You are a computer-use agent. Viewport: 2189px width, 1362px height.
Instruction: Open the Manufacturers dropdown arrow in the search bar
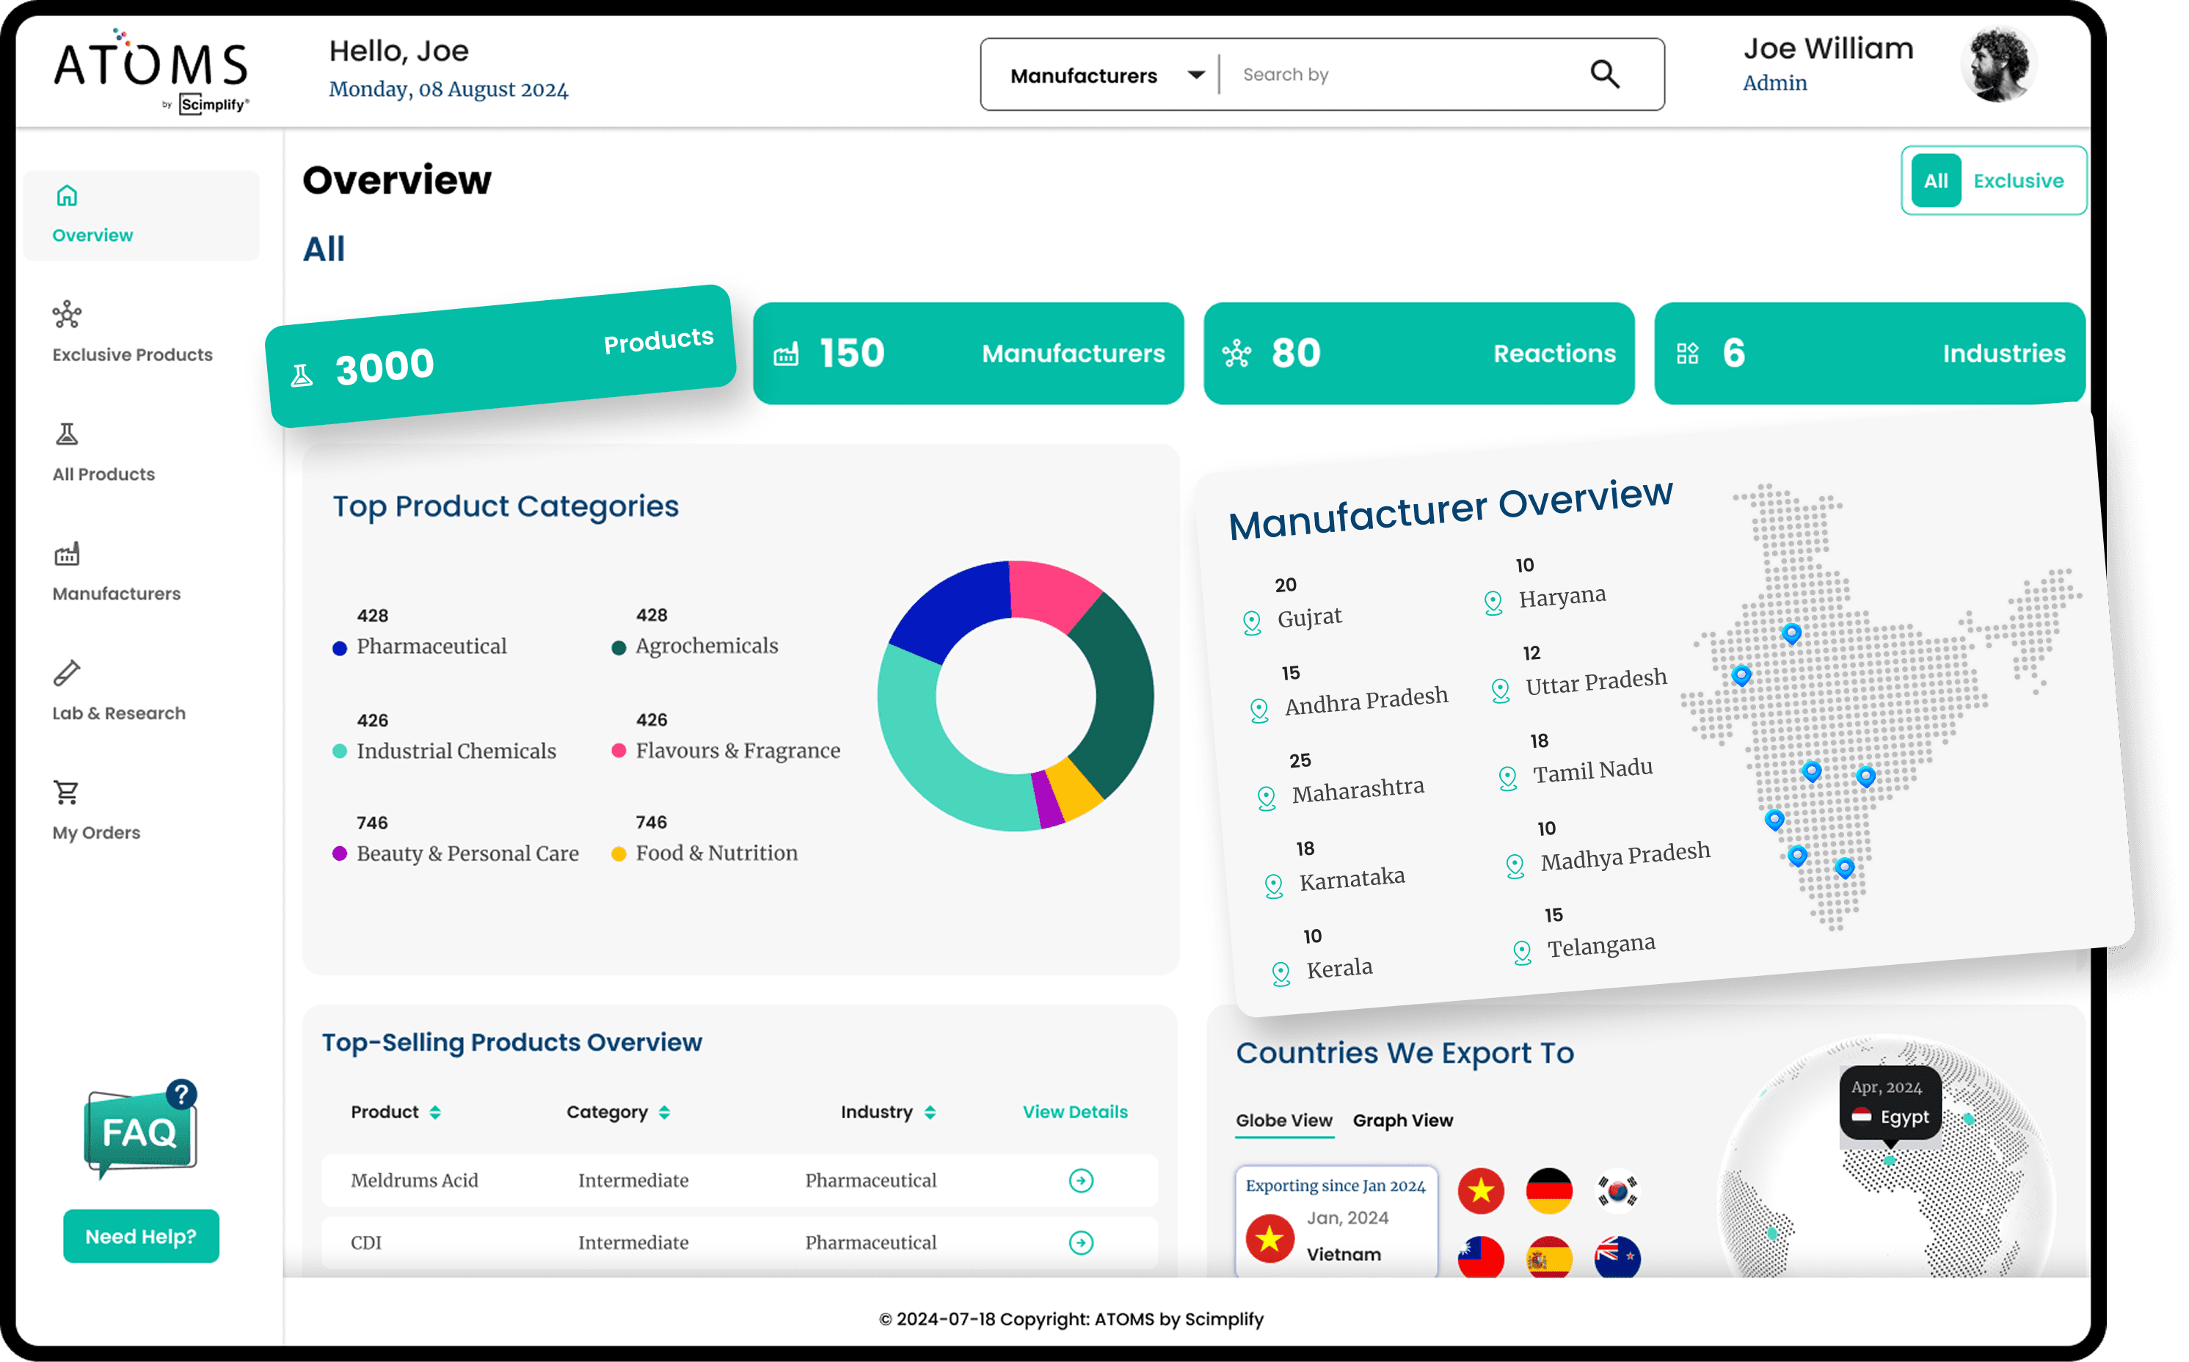1195,75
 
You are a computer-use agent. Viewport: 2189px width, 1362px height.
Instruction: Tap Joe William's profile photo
1997,65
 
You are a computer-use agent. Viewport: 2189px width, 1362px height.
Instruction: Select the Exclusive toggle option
2018,181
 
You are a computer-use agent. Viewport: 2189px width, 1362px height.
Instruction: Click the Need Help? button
141,1236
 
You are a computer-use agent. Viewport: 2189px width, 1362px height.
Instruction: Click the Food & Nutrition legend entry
716,853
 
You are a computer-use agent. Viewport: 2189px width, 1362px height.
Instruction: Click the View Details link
1074,1112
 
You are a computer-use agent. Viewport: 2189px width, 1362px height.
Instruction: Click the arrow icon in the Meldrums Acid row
1081,1180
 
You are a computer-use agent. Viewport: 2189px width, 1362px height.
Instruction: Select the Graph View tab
1402,1121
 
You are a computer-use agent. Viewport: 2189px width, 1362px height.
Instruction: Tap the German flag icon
1548,1191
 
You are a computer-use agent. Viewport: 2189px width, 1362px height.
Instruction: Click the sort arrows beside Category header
664,1112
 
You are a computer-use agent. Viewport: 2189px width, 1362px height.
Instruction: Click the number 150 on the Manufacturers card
851,353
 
